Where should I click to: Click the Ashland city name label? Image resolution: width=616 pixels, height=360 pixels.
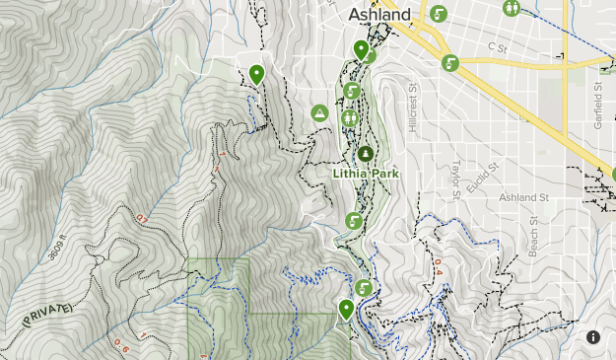[379, 16]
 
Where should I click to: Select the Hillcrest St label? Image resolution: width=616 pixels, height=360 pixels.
[412, 113]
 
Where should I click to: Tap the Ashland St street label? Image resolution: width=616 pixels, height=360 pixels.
[522, 198]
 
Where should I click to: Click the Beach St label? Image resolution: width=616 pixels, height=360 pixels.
[533, 237]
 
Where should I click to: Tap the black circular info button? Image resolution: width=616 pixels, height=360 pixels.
[593, 337]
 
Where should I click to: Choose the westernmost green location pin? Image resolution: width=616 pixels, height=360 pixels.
[257, 74]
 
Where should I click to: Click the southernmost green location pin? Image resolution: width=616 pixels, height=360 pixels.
[346, 310]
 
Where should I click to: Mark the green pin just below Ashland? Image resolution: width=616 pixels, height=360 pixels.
[361, 50]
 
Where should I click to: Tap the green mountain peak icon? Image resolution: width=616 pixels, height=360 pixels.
[319, 114]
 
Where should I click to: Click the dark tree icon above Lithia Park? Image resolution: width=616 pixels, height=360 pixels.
[367, 154]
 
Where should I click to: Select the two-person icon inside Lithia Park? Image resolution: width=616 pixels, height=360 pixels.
[350, 117]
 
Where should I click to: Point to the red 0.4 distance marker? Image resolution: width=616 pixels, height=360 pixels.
[438, 266]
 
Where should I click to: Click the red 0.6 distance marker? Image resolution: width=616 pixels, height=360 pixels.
[121, 344]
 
